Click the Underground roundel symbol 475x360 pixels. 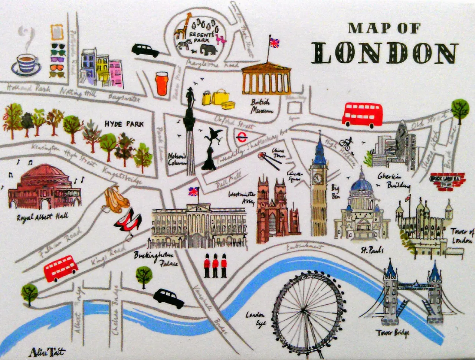(x=242, y=137)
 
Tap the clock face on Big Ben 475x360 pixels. (x=318, y=179)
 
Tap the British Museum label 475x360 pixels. (x=262, y=106)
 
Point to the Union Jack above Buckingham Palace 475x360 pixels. (x=193, y=192)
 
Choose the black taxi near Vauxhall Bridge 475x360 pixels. (x=169, y=298)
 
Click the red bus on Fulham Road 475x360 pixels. (x=60, y=268)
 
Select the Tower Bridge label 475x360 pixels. (x=392, y=333)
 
